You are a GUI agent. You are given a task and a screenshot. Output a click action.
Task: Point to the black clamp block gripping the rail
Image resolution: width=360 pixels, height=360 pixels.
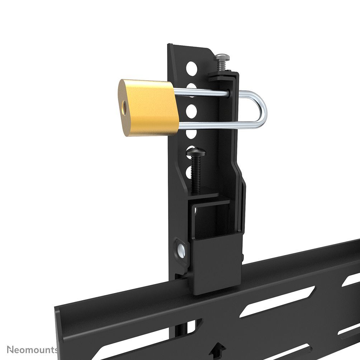tap(215, 265)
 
